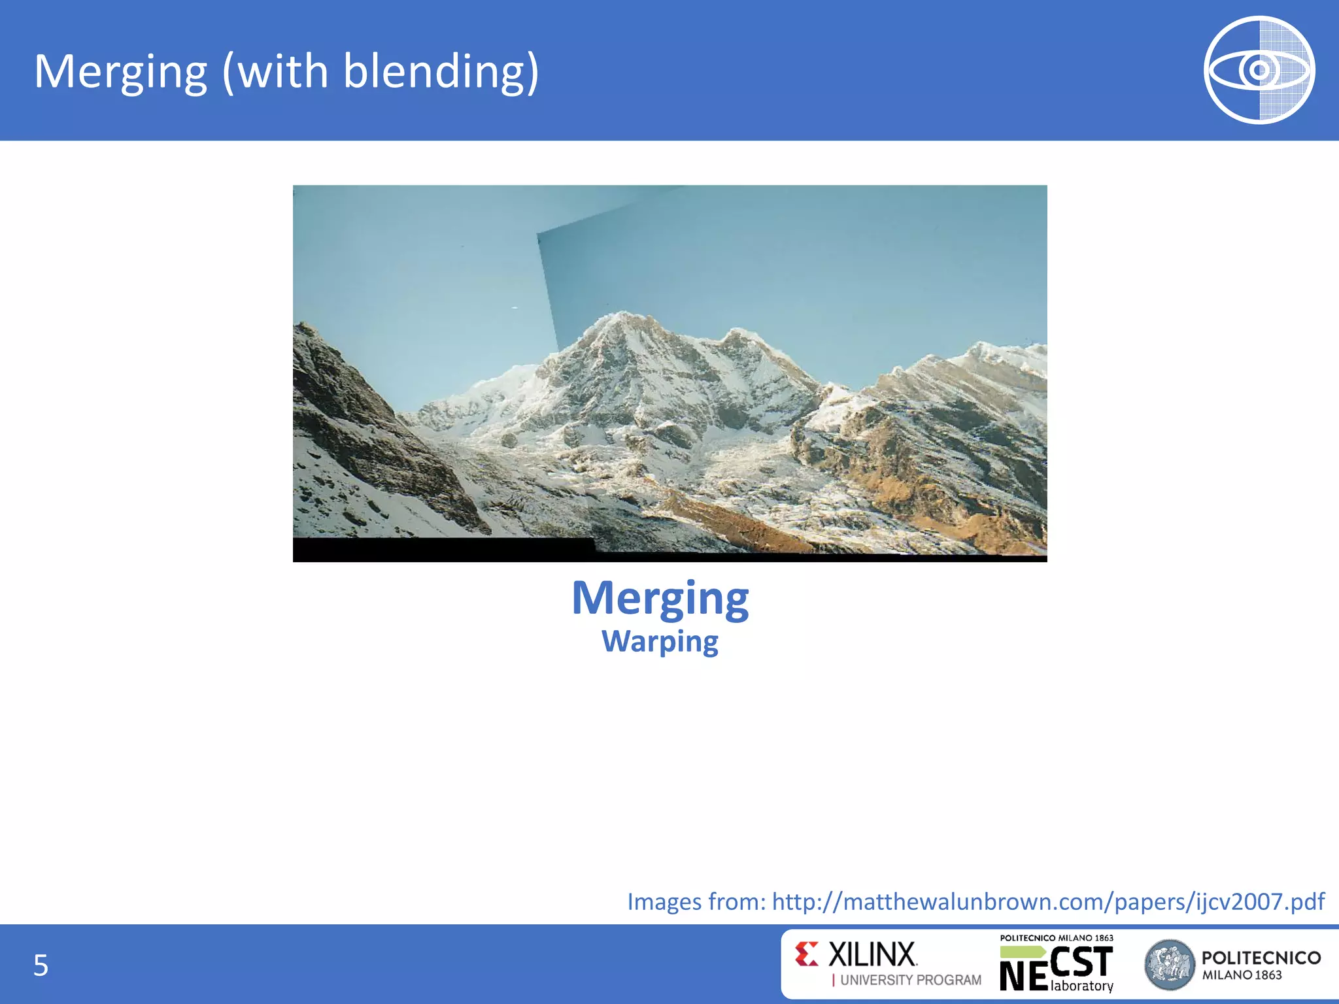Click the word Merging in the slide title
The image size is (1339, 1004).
(120, 72)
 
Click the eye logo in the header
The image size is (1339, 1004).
(1259, 70)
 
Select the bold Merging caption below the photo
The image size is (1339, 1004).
(660, 598)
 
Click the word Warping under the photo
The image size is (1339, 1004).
(660, 642)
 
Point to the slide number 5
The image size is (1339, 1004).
(41, 965)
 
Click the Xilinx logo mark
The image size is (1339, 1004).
(807, 954)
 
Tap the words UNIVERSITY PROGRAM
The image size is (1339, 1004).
(910, 980)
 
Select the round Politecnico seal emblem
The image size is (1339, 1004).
(1169, 965)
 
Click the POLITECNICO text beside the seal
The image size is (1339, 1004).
(1261, 958)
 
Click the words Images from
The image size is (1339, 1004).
(696, 901)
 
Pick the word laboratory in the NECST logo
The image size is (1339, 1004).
(1081, 986)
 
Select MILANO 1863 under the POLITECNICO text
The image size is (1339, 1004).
(1242, 975)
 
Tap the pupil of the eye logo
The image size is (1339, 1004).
(1259, 70)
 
